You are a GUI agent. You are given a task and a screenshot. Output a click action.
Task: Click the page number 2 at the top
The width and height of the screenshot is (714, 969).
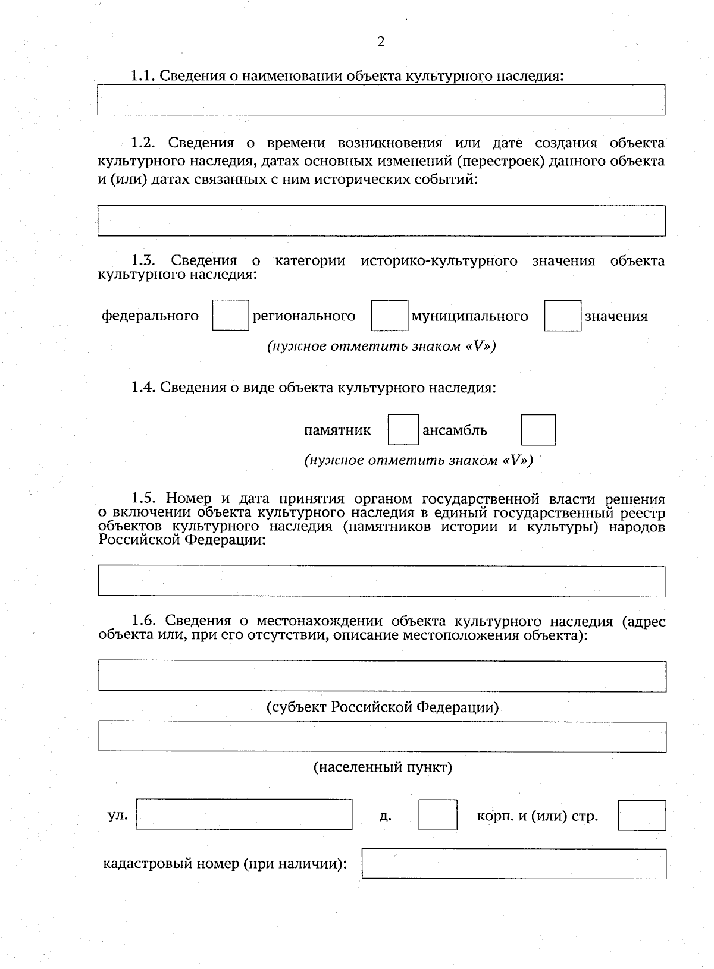coord(381,42)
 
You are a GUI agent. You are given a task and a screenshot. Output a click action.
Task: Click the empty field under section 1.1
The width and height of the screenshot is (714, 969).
coord(381,100)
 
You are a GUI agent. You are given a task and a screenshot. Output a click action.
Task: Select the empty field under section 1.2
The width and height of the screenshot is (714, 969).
coord(381,221)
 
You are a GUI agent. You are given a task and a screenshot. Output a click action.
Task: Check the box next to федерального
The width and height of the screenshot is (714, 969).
coord(231,316)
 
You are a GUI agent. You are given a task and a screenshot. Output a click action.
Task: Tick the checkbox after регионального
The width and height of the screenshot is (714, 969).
coord(390,316)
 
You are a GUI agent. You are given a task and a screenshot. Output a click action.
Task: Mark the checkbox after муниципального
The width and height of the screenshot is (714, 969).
coord(562,316)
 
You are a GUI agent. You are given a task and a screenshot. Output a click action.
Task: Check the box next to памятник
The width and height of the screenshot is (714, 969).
coord(403,430)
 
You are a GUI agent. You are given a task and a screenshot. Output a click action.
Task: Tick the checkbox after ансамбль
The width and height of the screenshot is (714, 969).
coord(538,430)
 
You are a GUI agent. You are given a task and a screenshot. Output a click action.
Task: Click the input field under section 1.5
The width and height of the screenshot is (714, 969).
coord(381,581)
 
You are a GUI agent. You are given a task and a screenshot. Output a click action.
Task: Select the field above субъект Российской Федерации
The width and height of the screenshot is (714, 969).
coord(381,676)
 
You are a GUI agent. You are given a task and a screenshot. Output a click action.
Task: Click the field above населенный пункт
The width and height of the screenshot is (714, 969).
coord(381,737)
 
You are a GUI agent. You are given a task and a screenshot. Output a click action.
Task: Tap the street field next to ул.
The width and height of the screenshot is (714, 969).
coord(244,814)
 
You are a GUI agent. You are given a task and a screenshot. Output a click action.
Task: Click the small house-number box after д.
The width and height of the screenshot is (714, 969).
coord(438,815)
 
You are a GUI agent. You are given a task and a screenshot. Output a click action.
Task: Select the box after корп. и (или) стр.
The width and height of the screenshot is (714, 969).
coord(641,815)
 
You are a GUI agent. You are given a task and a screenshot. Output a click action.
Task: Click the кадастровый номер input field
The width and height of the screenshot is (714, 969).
coord(513,864)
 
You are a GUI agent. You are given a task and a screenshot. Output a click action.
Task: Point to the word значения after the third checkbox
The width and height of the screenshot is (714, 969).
coord(616,316)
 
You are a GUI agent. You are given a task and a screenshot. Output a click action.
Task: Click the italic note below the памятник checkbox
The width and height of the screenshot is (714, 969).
coord(418,461)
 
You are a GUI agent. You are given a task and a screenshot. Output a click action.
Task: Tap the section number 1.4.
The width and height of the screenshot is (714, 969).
coord(143,388)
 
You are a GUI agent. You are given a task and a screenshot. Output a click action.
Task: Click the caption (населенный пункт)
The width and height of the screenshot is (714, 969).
coord(383,767)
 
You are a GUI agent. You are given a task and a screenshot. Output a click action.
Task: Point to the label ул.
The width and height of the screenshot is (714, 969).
coord(118,815)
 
